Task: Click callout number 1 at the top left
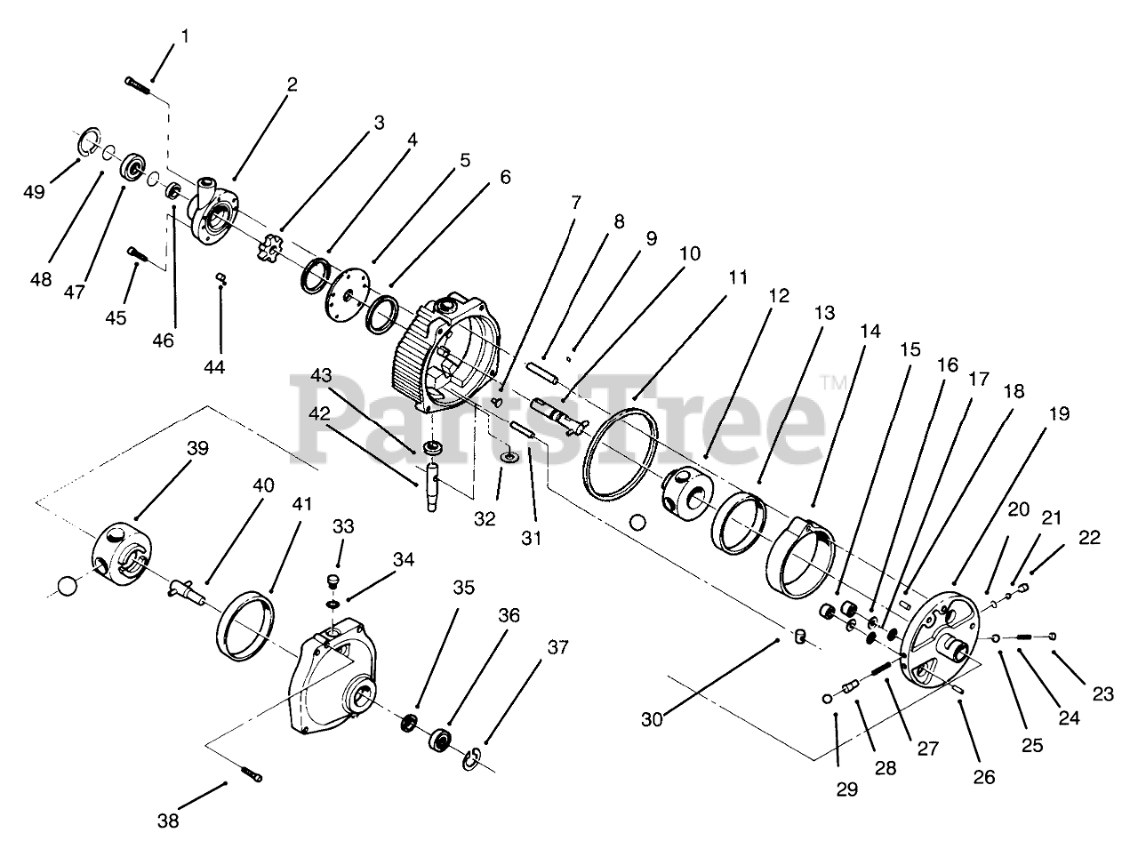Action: click(185, 36)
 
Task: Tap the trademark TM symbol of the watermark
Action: click(834, 383)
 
